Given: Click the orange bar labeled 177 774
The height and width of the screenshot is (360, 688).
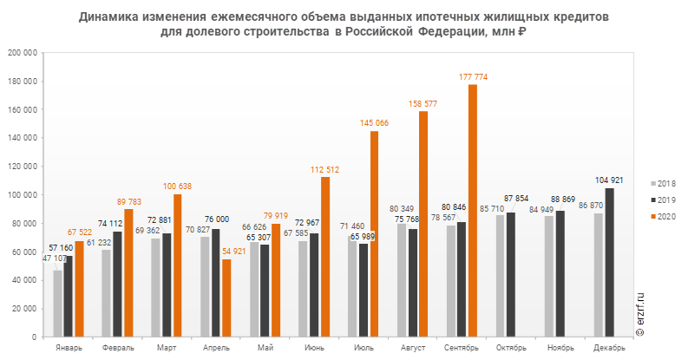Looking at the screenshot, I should pyautogui.click(x=473, y=211).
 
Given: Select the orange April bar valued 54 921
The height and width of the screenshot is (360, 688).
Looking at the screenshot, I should pyautogui.click(x=226, y=298).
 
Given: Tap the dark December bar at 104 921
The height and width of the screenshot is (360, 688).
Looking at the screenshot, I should pyautogui.click(x=609, y=262).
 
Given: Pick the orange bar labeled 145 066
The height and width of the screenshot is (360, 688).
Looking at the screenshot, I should pyautogui.click(x=375, y=233).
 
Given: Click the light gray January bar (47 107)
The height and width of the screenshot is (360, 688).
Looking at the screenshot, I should pyautogui.click(x=57, y=303).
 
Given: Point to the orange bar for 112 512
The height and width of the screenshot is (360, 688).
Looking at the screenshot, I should pyautogui.click(x=325, y=257).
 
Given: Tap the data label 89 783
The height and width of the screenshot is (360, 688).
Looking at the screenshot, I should pyautogui.click(x=128, y=201).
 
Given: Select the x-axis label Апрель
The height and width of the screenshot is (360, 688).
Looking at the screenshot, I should pyautogui.click(x=216, y=348).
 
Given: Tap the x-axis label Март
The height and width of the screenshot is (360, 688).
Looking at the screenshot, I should pyautogui.click(x=167, y=348).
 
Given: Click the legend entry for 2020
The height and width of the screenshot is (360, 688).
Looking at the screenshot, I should pyautogui.click(x=665, y=216).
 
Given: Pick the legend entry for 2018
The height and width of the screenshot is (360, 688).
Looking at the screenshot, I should pyautogui.click(x=665, y=184).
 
